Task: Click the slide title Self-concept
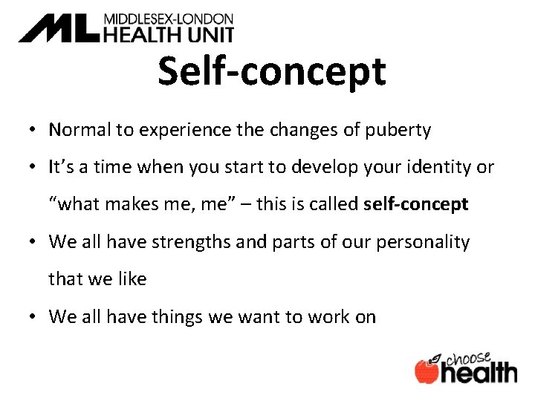point(272,72)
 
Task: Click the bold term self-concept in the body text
point(416,204)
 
